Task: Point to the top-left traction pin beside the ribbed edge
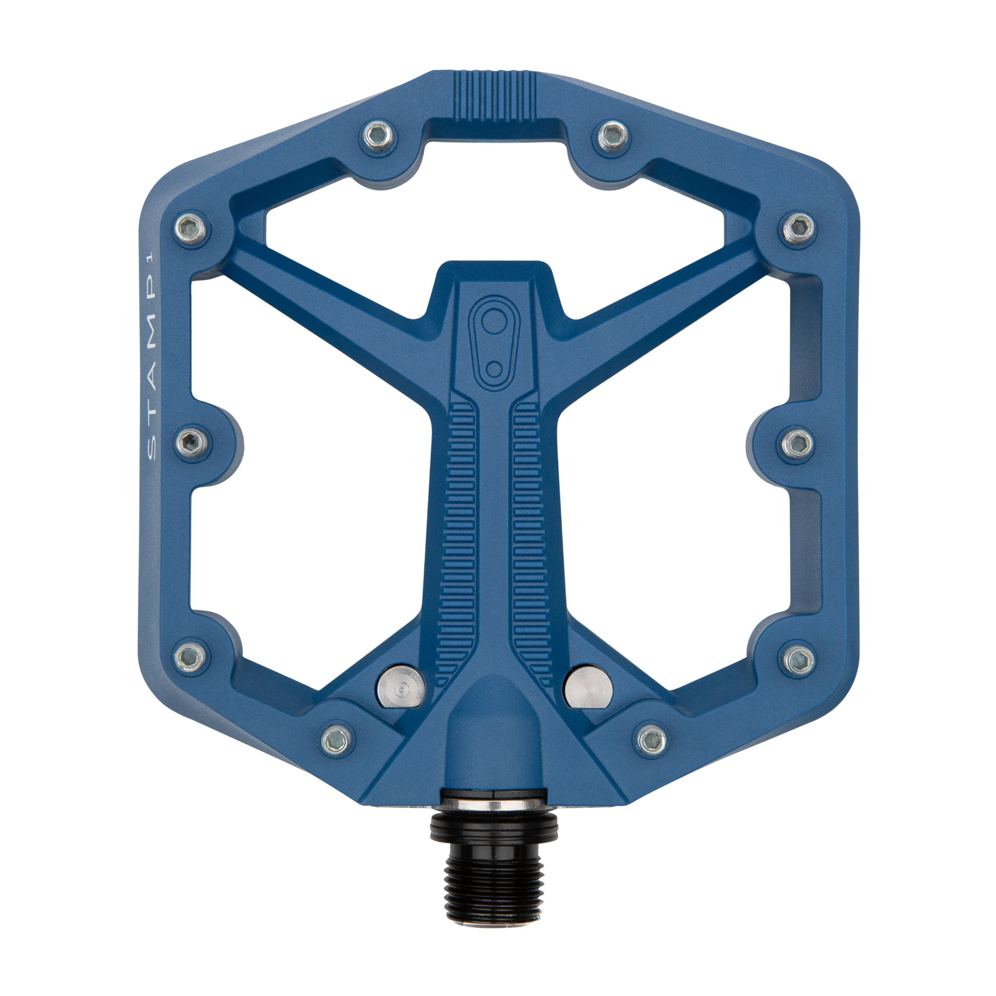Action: click(379, 136)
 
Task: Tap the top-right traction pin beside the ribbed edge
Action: click(614, 136)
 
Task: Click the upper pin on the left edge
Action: click(191, 229)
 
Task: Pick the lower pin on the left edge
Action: click(190, 656)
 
